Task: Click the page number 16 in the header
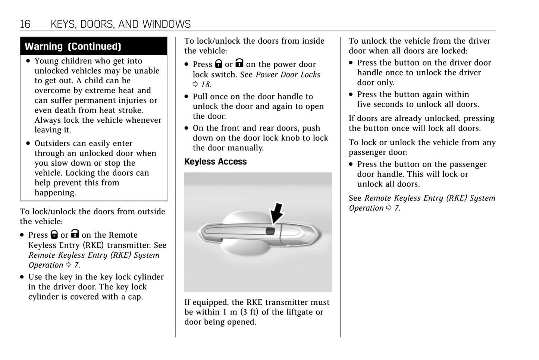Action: pos(25,24)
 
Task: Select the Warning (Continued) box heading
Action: pos(73,46)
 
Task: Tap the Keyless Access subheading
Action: pos(215,162)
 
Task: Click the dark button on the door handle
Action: pos(270,231)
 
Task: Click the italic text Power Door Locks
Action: pos(288,75)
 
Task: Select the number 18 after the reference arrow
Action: pos(206,84)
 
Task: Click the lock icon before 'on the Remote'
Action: pos(75,234)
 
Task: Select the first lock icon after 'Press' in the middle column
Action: pos(219,64)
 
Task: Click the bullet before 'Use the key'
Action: pos(22,277)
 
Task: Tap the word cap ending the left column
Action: pos(135,297)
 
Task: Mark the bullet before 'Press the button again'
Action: pos(351,94)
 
